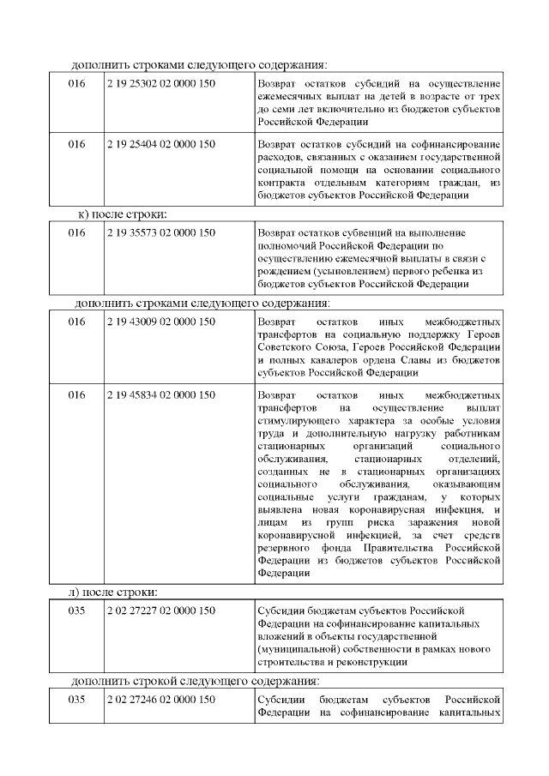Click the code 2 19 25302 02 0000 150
tap(160, 84)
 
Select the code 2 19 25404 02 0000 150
tap(160, 144)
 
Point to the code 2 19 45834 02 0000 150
tap(160, 395)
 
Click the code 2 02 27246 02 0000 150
tap(160, 701)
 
